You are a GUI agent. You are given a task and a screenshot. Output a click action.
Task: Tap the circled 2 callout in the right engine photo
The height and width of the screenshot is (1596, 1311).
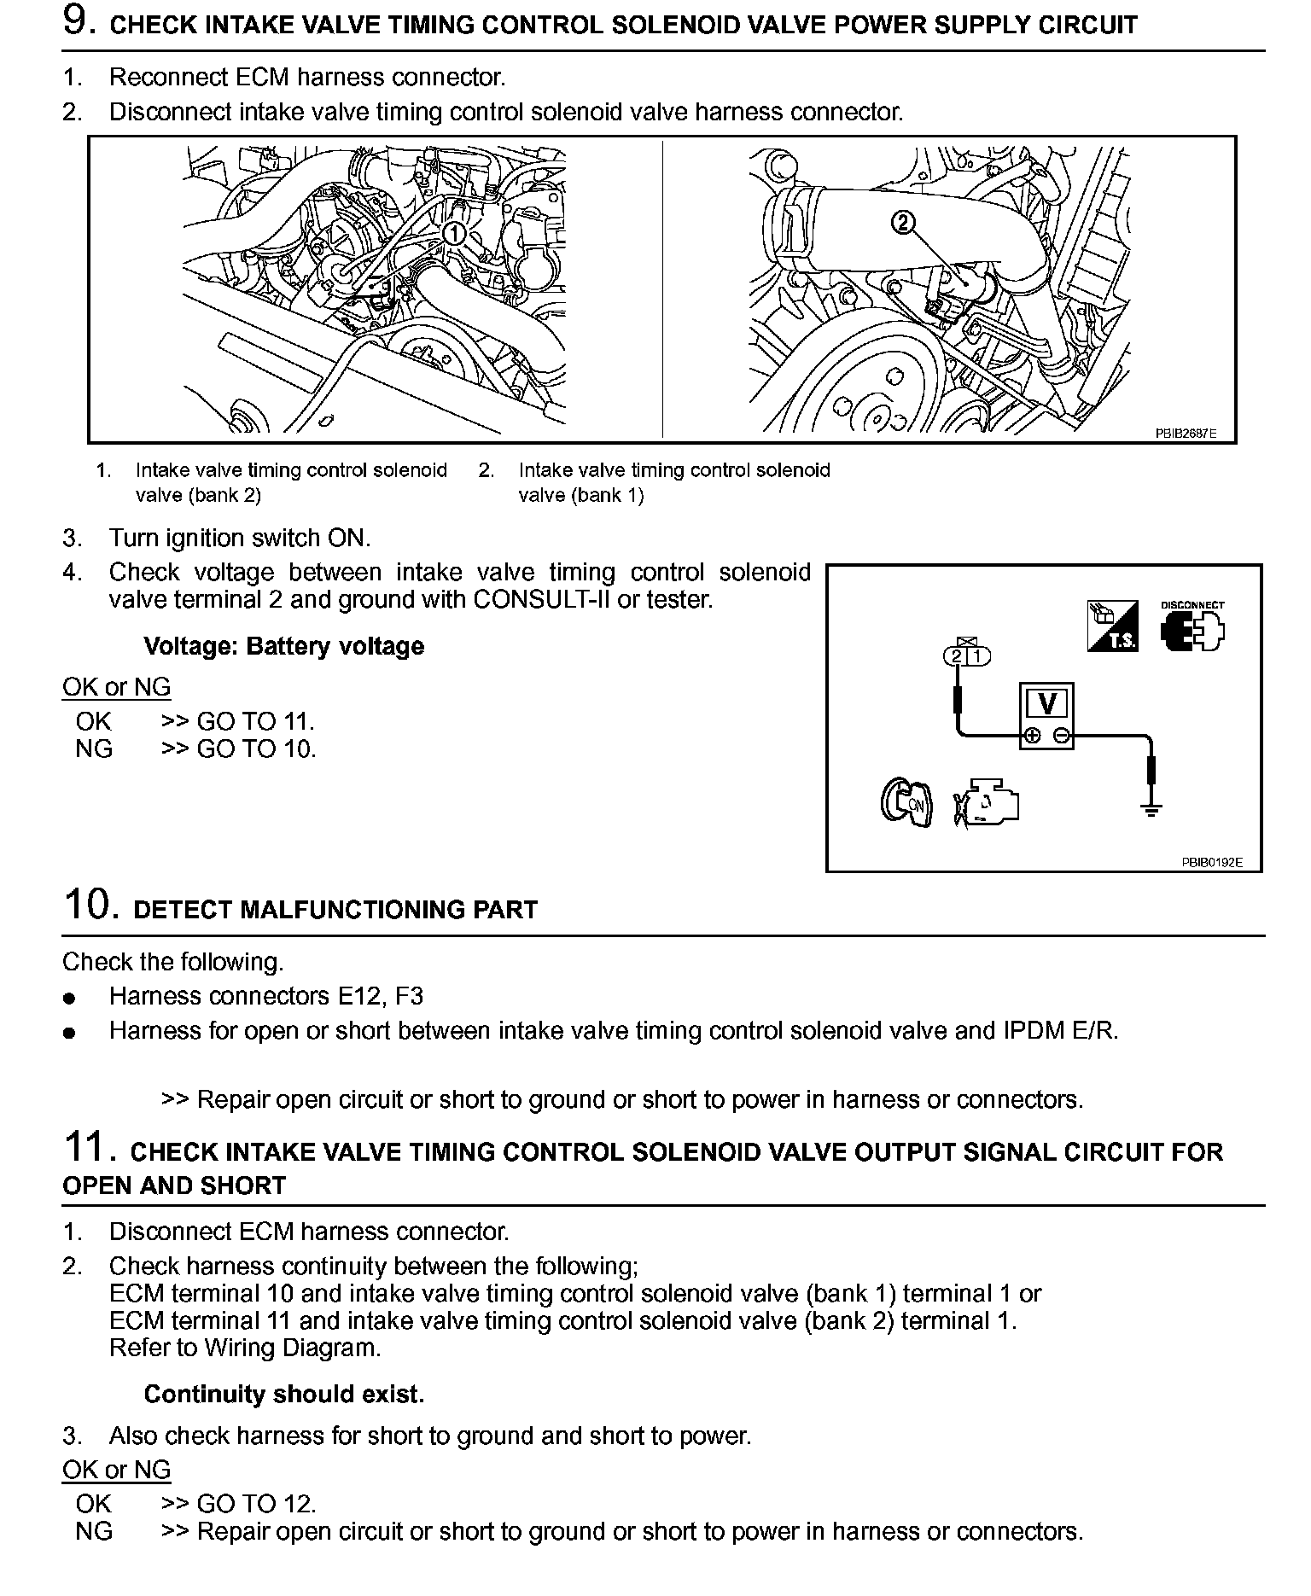(x=902, y=223)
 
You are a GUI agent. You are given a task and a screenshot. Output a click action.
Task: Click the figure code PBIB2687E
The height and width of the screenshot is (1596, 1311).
(x=1186, y=434)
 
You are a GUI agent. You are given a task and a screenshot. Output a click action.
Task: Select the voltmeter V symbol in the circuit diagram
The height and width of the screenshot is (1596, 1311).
(x=1046, y=705)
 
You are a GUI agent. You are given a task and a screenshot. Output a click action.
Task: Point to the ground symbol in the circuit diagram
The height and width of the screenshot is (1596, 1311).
(x=1151, y=809)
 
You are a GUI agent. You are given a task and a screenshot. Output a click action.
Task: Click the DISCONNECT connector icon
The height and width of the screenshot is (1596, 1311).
(x=1192, y=628)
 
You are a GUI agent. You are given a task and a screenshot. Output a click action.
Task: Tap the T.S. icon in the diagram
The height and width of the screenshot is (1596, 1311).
(x=1113, y=627)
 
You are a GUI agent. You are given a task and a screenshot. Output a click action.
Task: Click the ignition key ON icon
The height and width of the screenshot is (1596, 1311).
(x=906, y=802)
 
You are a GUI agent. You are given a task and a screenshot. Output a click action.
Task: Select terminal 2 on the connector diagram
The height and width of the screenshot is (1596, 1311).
(x=957, y=655)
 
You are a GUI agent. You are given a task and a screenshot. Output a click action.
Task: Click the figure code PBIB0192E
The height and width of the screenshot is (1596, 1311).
(x=1211, y=862)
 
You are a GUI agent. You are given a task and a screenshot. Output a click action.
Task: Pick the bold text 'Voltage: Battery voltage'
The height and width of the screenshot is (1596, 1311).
(x=283, y=646)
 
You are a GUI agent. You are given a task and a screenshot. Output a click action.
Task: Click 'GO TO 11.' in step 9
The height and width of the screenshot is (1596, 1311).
(x=255, y=721)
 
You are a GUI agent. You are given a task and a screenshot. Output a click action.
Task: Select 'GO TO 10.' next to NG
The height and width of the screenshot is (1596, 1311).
(x=256, y=748)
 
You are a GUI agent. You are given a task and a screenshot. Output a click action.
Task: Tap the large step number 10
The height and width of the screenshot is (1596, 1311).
(x=89, y=905)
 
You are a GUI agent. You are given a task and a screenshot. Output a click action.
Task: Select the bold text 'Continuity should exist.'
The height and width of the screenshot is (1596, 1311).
(x=283, y=1395)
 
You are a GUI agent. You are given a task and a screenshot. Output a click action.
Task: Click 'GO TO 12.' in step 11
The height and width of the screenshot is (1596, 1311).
(x=256, y=1504)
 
